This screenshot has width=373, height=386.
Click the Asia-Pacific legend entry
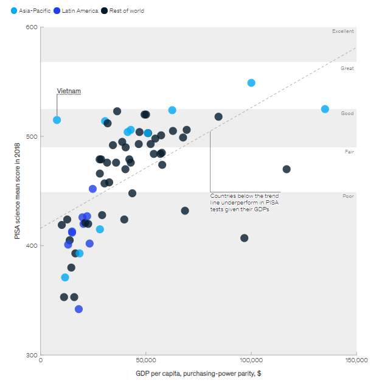[x=30, y=11]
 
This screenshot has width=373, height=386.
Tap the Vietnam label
[x=69, y=91]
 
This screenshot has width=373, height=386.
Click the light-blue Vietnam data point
[x=57, y=120]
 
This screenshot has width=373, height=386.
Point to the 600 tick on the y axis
[x=32, y=27]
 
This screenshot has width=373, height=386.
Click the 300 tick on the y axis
[x=32, y=355]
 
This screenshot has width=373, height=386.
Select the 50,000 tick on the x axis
[x=146, y=362]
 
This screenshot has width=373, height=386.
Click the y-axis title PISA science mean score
[x=18, y=191]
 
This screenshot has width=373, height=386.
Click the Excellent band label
[x=343, y=31]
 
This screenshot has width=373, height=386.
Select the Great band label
[x=347, y=69]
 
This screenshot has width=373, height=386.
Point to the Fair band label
[x=349, y=152]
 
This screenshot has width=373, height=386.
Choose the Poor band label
[x=348, y=197]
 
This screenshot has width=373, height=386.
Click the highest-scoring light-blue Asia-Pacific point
[x=251, y=83]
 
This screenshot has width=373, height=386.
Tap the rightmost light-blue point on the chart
[x=325, y=109]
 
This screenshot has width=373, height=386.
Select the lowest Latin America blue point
[x=78, y=309]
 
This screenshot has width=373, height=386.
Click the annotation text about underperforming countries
[x=243, y=202]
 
